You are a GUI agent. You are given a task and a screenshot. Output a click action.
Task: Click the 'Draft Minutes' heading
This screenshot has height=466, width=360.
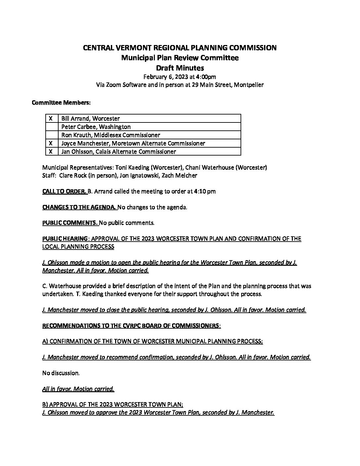point(180,68)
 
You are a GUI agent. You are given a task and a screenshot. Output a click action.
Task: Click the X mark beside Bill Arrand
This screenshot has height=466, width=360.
point(51,118)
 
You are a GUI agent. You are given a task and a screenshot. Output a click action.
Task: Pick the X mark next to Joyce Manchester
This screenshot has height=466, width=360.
point(51,143)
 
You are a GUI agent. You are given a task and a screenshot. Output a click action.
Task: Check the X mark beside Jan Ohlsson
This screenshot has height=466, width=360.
point(51,152)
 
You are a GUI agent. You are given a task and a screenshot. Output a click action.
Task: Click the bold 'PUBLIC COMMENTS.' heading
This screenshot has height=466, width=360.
point(70,223)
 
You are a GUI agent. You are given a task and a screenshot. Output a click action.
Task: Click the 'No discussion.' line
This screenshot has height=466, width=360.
point(61,373)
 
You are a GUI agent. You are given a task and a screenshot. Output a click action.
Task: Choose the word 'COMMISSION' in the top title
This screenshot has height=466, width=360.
point(253,48)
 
